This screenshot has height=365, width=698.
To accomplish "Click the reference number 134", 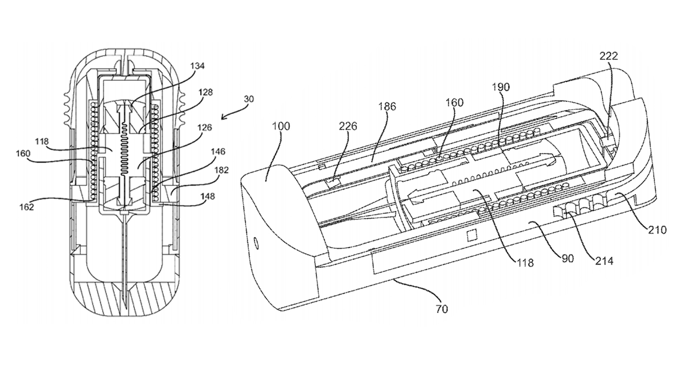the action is point(198,66).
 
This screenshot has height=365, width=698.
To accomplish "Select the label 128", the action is point(206,92).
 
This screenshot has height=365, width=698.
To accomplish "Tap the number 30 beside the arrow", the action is point(249,99).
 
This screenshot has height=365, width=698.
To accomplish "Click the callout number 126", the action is point(205,128).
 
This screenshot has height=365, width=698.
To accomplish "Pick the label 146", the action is point(218,152).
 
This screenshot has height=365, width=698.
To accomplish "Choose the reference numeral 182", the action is point(222,170).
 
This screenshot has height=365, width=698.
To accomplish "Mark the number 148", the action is point(208,196).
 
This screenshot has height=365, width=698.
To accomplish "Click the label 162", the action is point(27,207).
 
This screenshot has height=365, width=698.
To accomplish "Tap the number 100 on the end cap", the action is point(281,126).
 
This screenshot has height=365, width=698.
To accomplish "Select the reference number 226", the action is point(348,126).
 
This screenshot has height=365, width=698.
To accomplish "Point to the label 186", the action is point(387,106).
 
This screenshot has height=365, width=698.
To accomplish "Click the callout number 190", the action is point(501,87).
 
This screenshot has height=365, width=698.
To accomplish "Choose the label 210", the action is point(657,230).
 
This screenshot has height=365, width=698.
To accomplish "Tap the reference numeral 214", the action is point(604,260).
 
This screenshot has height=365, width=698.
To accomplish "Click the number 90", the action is point(567,259).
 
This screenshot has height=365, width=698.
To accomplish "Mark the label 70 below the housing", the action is point(442,309).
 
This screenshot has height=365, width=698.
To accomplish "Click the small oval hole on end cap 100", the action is point(257,243).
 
